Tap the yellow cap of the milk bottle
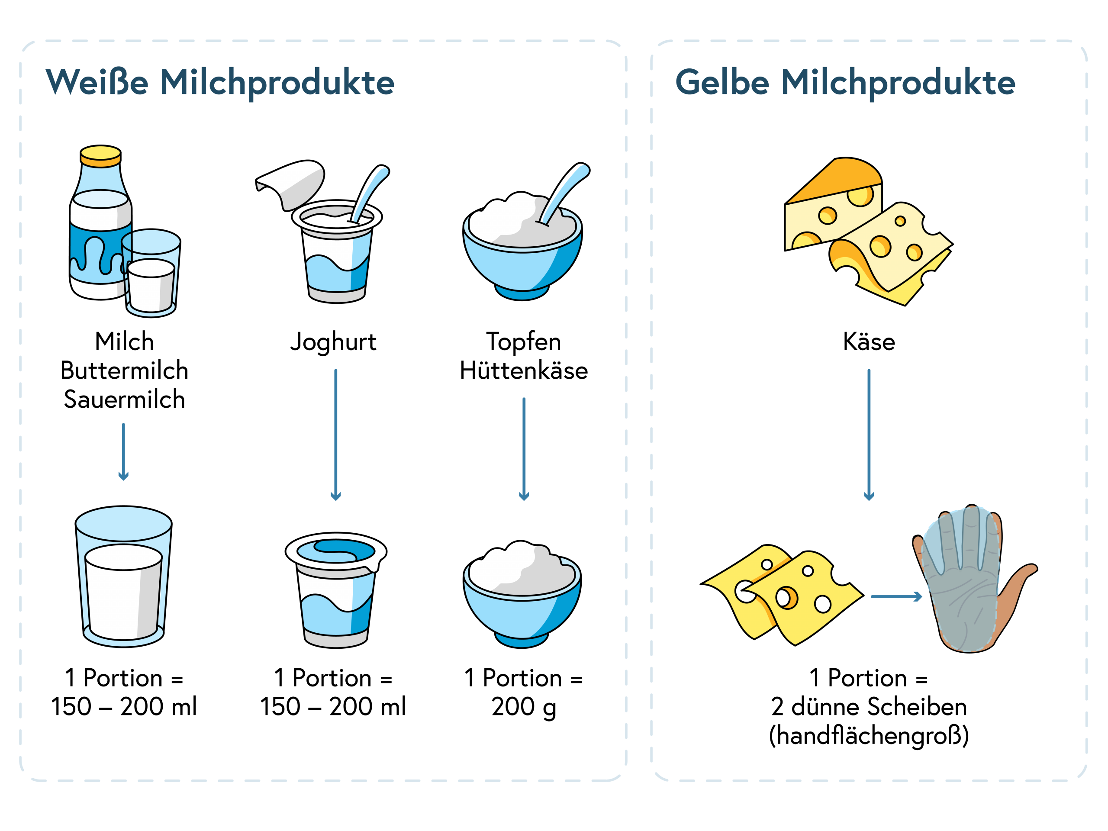coord(101,156)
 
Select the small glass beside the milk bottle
coord(150,273)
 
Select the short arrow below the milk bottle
coord(123,451)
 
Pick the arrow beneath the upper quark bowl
coord(524,449)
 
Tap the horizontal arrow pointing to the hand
coord(895,596)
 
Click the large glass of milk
coord(123,581)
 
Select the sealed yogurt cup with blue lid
coord(335,591)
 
